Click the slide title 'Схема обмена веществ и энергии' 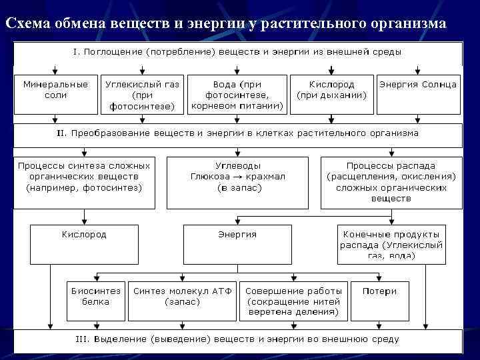pyautogui.click(x=226, y=23)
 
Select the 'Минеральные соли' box pyautogui.click(x=55, y=90)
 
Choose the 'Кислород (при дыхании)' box pyautogui.click(x=331, y=90)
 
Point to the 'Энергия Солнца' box pyautogui.click(x=418, y=85)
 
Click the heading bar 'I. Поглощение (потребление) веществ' pyautogui.click(x=237, y=52)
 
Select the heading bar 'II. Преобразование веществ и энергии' pyautogui.click(x=237, y=133)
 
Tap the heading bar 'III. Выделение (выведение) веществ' pyautogui.click(x=237, y=339)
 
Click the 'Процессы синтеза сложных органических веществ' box pyautogui.click(x=84, y=177)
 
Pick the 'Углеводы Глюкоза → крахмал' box pyautogui.click(x=237, y=177)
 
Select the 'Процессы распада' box pyautogui.click(x=391, y=181)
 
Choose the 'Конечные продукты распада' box pyautogui.click(x=391, y=245)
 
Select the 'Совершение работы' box pyautogui.click(x=293, y=301)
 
